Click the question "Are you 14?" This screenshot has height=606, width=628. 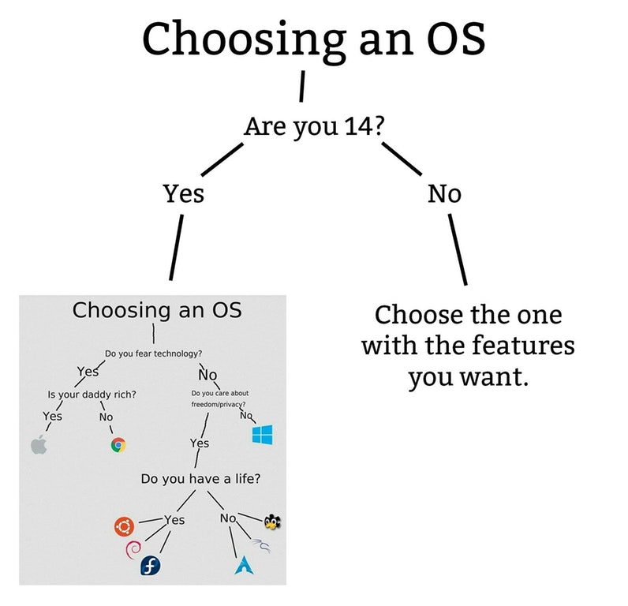[314, 126]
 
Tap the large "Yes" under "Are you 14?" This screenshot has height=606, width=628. [184, 194]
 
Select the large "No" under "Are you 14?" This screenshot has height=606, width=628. [444, 194]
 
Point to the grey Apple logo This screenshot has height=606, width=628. [39, 444]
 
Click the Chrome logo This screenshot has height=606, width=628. [118, 445]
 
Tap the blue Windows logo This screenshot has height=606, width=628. [263, 435]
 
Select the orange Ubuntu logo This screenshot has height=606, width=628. [124, 526]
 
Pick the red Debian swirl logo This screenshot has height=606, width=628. [133, 549]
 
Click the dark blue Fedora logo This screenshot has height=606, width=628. [150, 566]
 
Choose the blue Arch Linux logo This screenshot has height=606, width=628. [244, 565]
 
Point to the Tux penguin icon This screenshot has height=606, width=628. [272, 522]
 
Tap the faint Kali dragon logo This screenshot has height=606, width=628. [260, 546]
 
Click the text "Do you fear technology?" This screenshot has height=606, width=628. [153, 353]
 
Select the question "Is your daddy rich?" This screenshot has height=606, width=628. [92, 395]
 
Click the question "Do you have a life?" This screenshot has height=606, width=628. [200, 479]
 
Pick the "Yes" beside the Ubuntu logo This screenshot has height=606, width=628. [174, 520]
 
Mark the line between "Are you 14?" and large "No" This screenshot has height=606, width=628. [402, 159]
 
